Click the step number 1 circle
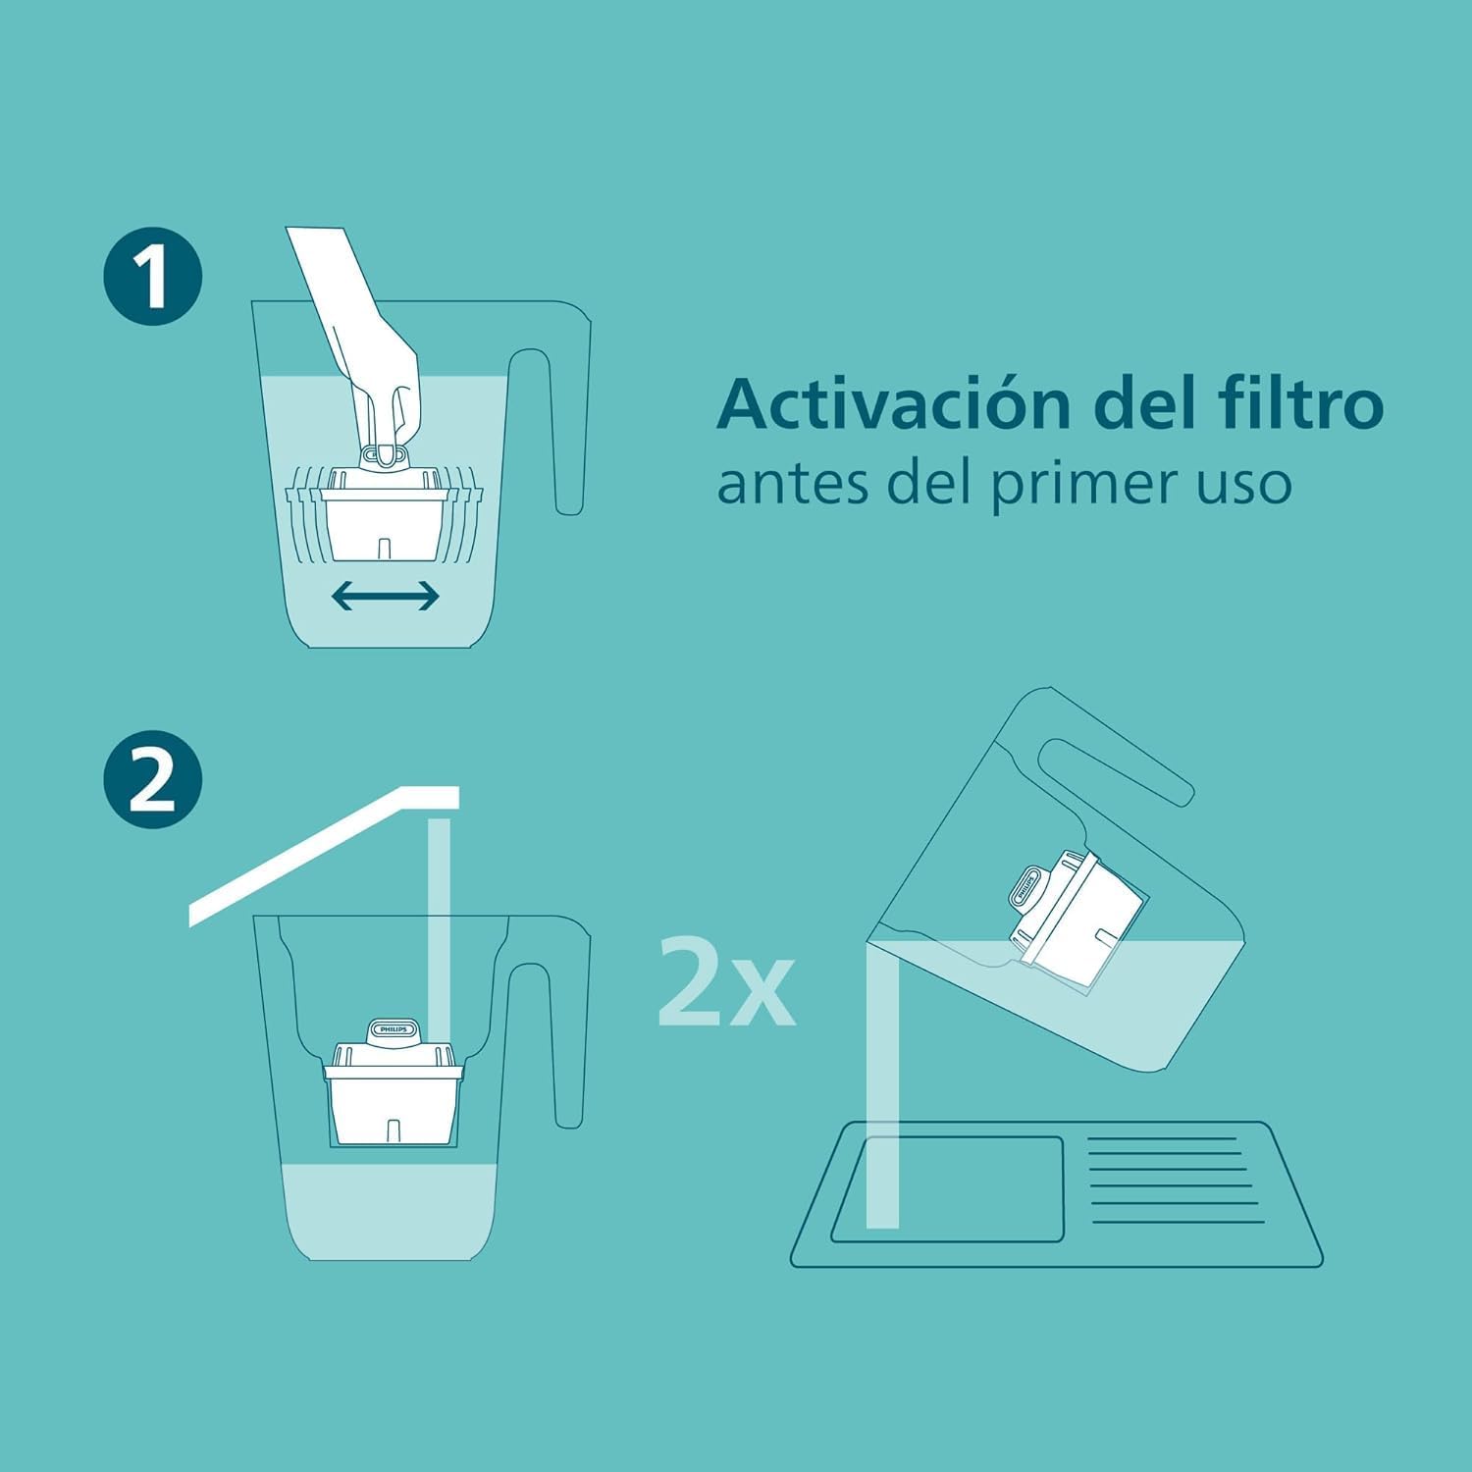152,276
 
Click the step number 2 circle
152,779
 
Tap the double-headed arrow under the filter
385,595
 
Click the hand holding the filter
373,353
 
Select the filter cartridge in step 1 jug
385,515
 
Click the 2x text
726,981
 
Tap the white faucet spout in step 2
324,854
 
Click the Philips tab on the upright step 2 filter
394,1030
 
